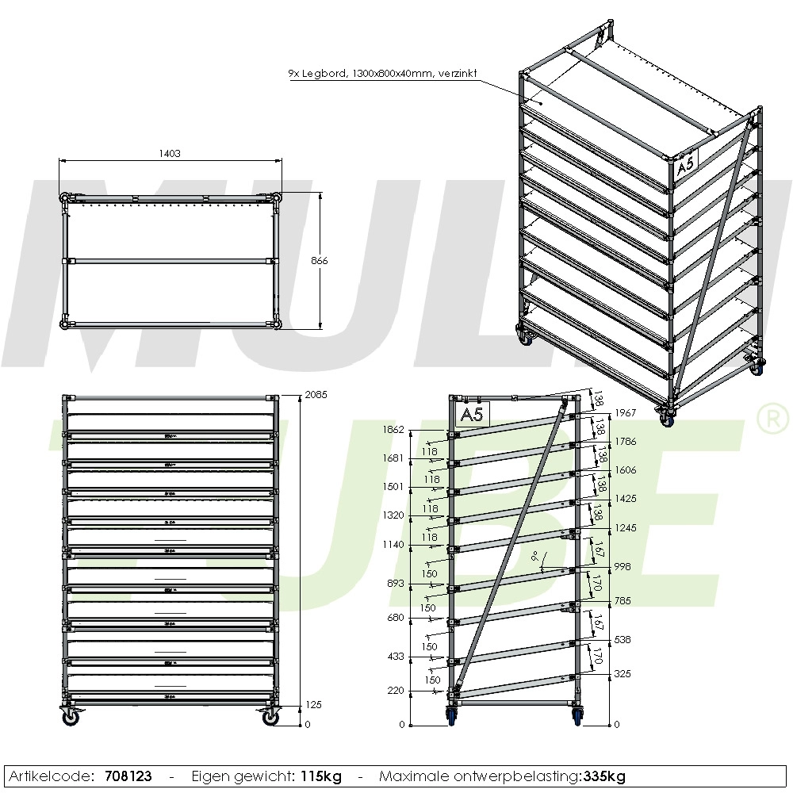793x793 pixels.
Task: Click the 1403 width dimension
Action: click(168, 154)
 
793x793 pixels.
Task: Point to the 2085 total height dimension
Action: click(316, 394)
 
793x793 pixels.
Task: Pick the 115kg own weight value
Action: click(321, 776)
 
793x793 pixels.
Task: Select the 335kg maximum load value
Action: click(603, 776)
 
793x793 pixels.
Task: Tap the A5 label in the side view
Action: click(473, 414)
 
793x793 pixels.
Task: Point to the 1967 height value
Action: click(626, 413)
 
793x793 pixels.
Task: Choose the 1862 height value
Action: click(393, 429)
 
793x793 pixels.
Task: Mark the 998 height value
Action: click(623, 567)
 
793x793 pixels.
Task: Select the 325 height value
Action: click(623, 674)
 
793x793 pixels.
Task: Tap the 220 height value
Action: click(396, 691)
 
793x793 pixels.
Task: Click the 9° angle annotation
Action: click(536, 555)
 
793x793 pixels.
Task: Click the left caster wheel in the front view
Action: click(71, 717)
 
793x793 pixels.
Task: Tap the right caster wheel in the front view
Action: click(271, 717)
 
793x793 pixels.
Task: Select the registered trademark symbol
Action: click(768, 419)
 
